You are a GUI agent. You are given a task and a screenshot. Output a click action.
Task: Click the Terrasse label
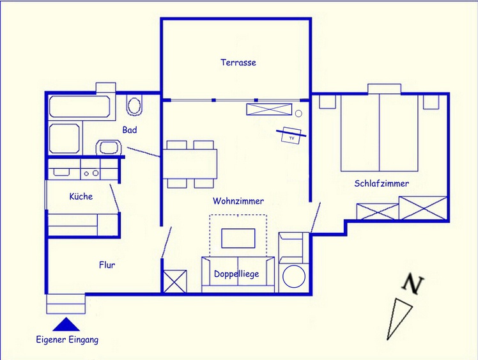click(238, 63)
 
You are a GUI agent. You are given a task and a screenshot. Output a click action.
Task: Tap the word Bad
click(130, 130)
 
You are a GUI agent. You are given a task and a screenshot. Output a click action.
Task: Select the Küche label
click(81, 196)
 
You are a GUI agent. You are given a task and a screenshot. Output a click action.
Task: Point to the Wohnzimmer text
click(238, 201)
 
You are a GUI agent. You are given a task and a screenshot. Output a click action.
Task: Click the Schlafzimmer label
click(382, 184)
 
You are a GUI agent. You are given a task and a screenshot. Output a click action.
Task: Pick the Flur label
click(107, 265)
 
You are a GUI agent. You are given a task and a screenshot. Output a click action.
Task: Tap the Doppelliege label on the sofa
click(236, 274)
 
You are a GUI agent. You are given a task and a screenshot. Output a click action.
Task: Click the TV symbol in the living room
click(291, 135)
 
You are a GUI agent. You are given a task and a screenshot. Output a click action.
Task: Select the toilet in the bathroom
click(134, 105)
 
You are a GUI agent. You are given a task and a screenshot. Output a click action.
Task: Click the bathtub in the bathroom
click(80, 107)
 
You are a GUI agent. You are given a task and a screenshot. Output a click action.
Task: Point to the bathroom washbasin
click(109, 148)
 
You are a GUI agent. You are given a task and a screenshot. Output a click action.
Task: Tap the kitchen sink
click(61, 172)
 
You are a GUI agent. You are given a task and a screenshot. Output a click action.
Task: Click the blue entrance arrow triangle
click(66, 324)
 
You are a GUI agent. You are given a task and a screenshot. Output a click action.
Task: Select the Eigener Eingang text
click(67, 340)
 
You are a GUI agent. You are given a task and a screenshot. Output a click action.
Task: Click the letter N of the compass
click(412, 285)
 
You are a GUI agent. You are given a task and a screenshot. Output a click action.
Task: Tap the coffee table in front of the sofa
click(238, 239)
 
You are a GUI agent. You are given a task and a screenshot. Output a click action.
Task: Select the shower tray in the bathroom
click(65, 139)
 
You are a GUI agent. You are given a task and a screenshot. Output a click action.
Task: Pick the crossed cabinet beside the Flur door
click(175, 281)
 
